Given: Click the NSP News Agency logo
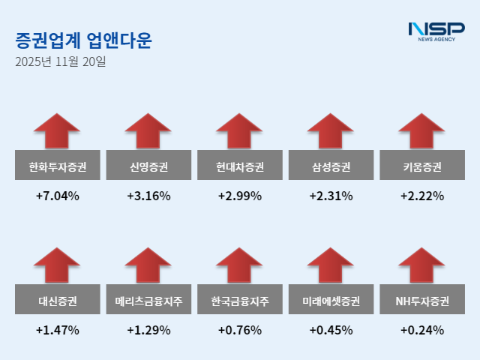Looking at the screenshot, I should click(436, 32).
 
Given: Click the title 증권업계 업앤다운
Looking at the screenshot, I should click(82, 40).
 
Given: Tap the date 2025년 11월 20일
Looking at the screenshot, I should click(61, 61).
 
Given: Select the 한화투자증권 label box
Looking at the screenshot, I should click(58, 166).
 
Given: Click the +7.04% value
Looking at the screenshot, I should click(58, 196).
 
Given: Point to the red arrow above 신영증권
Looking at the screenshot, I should click(148, 132).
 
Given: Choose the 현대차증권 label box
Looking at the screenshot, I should click(240, 166).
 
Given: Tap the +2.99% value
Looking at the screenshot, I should click(240, 196).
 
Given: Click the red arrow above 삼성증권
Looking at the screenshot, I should click(331, 132).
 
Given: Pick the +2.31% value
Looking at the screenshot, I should click(331, 196).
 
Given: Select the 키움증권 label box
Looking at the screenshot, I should click(421, 166).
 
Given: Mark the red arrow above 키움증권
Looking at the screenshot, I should click(421, 132).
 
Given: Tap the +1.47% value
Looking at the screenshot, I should click(58, 330).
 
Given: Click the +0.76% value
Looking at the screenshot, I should click(240, 330).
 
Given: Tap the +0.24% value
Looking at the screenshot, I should click(421, 330).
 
